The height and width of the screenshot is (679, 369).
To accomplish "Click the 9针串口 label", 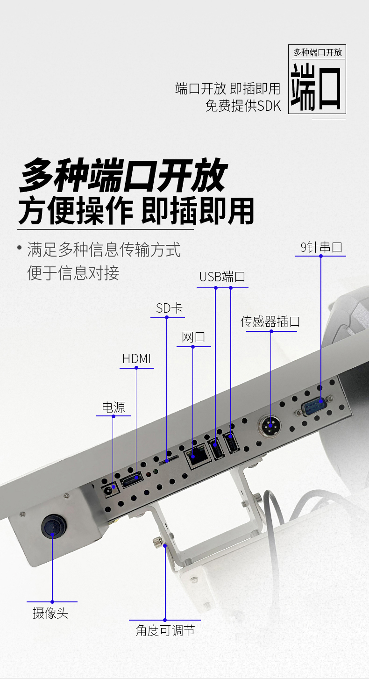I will (x=321, y=247).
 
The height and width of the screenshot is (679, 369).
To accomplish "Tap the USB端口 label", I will (x=222, y=277).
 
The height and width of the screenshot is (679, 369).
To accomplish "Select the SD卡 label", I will (x=169, y=308).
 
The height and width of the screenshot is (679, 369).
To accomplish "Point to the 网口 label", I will (x=193, y=337).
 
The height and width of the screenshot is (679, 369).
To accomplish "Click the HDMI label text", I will (x=136, y=359).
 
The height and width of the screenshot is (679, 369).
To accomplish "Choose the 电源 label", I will (x=114, y=407).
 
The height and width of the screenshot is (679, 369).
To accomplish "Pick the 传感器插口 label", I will (x=270, y=322).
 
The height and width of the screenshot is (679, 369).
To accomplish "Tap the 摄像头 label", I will (x=50, y=613).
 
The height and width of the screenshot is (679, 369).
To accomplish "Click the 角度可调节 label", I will (x=165, y=630).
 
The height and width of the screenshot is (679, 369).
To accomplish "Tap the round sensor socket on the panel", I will (x=270, y=426).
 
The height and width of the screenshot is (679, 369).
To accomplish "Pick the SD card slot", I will (x=168, y=461).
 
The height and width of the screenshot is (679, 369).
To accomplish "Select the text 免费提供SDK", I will (x=243, y=106).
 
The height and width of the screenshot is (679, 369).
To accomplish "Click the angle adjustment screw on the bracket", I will (x=158, y=542).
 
